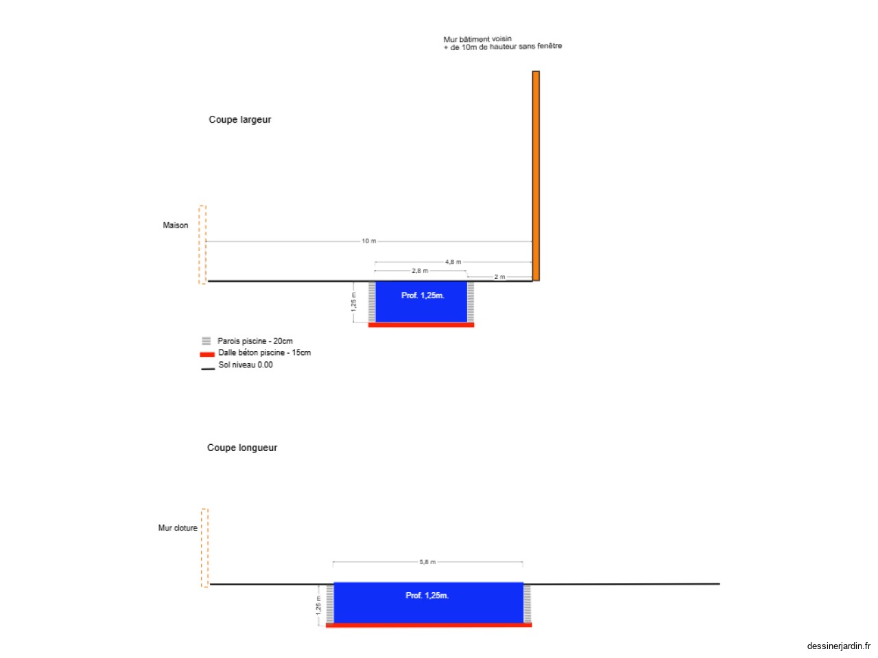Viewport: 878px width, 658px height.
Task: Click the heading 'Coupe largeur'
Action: point(239,119)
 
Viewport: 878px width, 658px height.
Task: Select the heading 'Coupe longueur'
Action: point(242,448)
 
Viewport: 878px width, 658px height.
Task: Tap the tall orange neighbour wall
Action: point(536,175)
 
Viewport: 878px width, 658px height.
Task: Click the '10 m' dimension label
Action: point(369,241)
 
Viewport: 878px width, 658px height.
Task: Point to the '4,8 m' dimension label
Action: point(453,262)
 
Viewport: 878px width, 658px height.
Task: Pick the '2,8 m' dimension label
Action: point(420,271)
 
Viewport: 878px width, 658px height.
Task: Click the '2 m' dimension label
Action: point(499,277)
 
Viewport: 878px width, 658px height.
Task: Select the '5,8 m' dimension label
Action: point(427,562)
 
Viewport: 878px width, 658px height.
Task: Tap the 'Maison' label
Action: point(175,226)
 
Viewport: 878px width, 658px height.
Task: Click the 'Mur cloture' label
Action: point(178,528)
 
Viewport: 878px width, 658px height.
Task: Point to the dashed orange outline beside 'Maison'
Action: point(202,245)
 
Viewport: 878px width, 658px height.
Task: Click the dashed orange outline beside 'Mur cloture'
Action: point(205,548)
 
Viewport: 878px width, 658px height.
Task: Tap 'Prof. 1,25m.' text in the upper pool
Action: point(423,295)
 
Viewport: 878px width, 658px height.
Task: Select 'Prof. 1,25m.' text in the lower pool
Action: point(427,595)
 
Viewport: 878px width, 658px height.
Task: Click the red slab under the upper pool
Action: point(420,325)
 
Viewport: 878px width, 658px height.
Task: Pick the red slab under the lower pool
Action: point(429,625)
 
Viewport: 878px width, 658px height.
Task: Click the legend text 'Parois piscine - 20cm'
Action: point(254,341)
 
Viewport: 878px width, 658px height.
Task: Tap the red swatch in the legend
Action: point(207,354)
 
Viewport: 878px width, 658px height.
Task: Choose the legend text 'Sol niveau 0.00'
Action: point(245,365)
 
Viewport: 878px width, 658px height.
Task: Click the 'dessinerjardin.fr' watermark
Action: point(838,646)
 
